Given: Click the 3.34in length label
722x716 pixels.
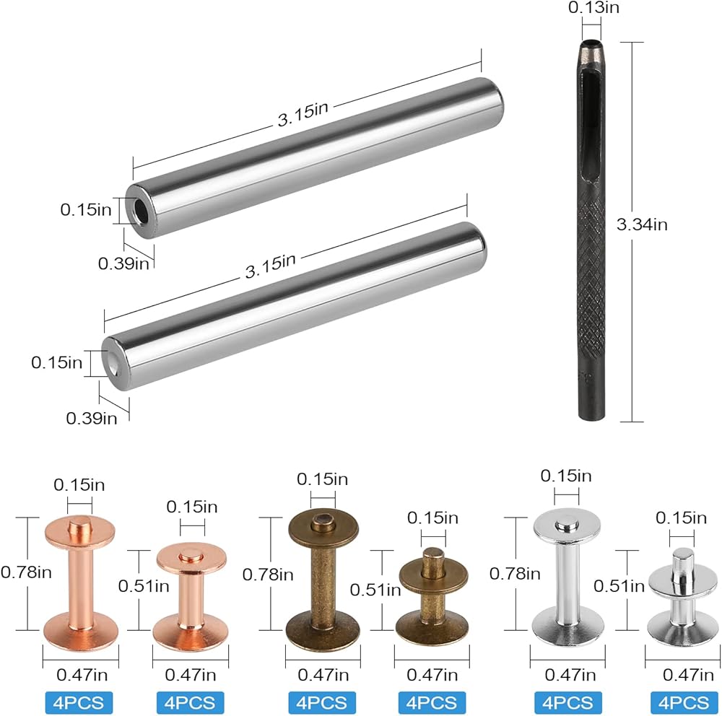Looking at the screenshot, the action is pos(642,224).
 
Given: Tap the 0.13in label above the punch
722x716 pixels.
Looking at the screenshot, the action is pos(593,8).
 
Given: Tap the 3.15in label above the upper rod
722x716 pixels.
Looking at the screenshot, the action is pos(303,114).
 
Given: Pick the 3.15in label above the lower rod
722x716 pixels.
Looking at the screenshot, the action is pos(270,266).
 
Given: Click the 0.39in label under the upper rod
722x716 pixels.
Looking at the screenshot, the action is pos(123,264).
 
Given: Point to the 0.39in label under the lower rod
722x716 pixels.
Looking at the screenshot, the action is pos(92,419).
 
